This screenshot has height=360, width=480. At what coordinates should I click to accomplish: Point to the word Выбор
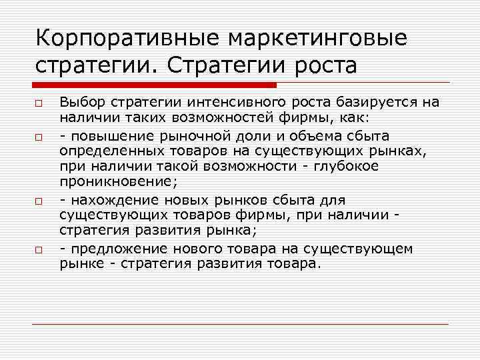coord(79,101)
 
